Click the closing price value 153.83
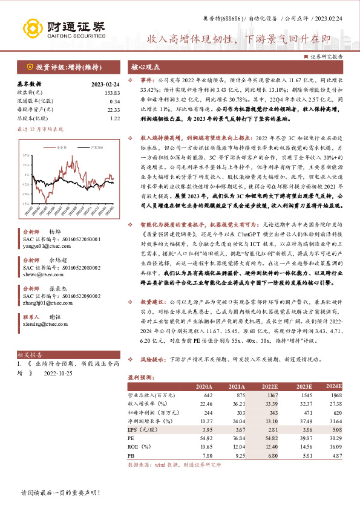coord(112,92)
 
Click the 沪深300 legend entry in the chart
coord(94,147)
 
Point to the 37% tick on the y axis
coord(25,155)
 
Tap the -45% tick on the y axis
coord(25,204)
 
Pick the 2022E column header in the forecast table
coord(269,386)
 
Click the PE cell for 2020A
coord(204,435)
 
